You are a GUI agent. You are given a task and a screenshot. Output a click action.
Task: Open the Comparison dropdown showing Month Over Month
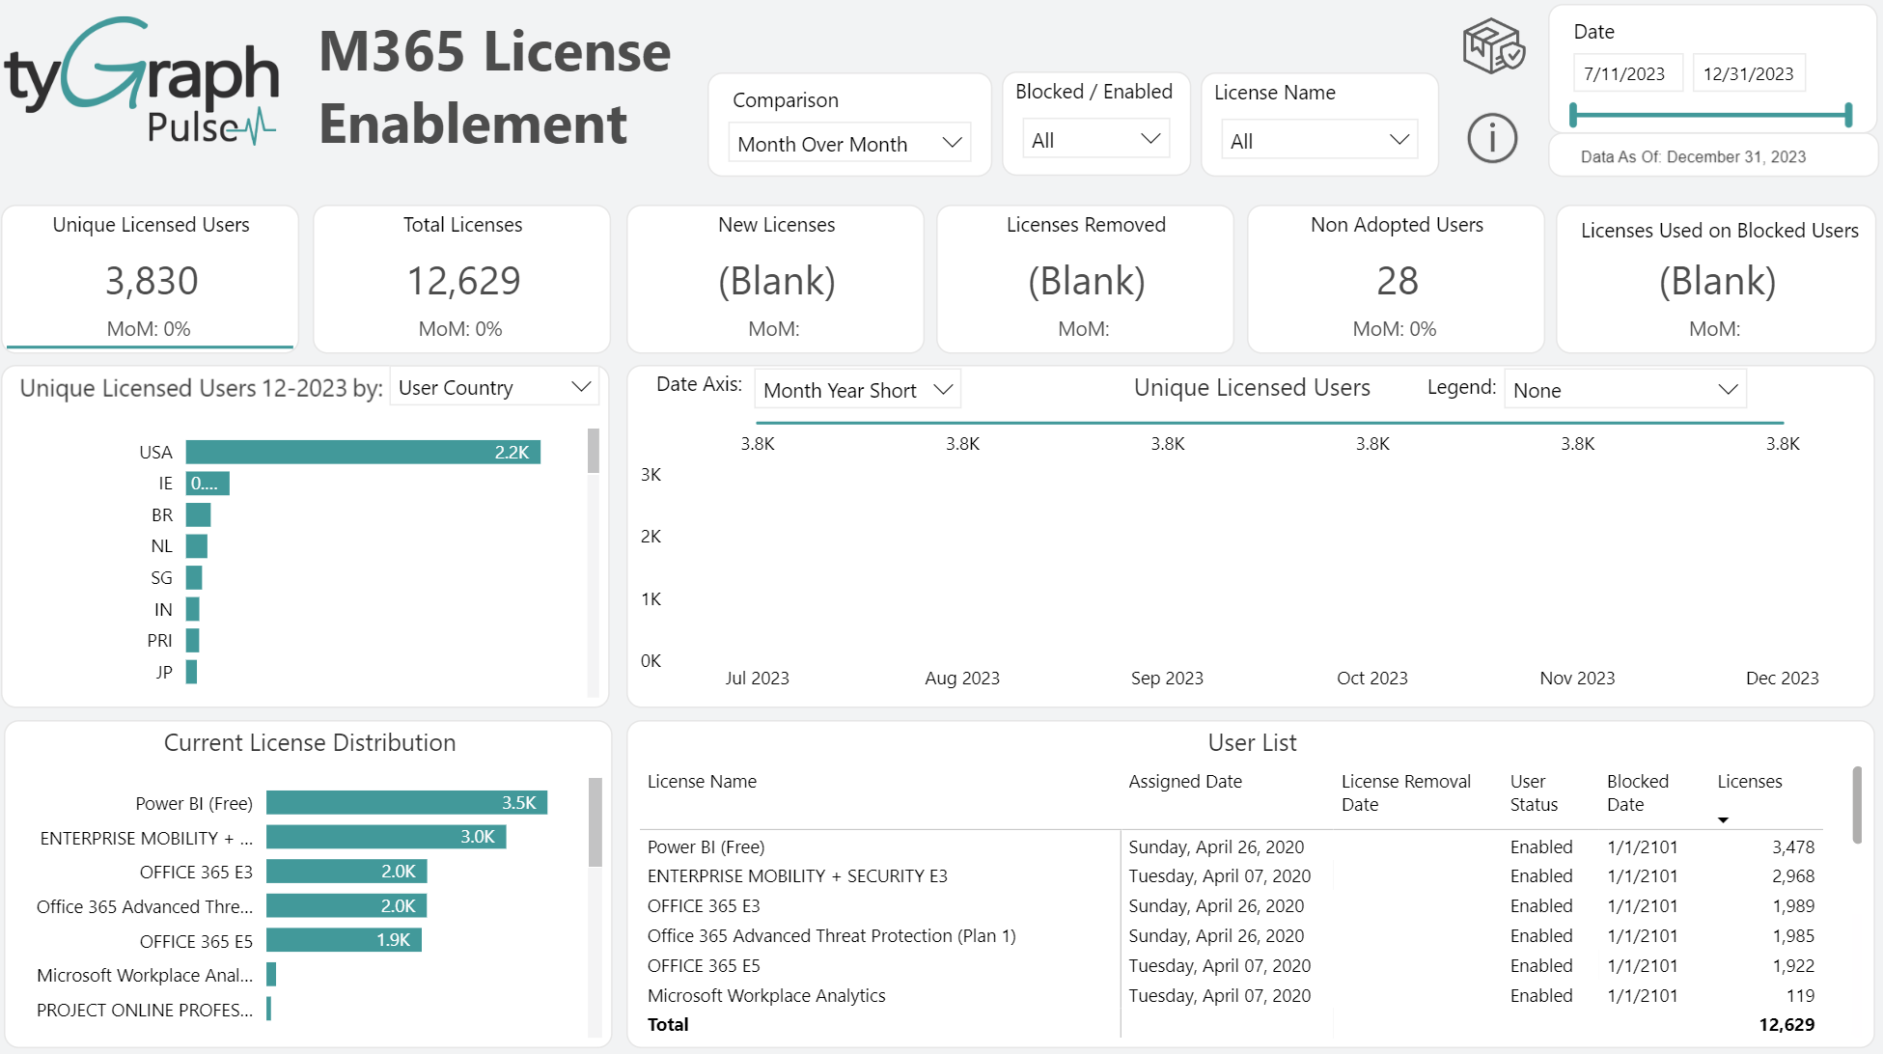point(848,143)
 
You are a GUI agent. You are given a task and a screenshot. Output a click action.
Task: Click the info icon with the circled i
point(1491,138)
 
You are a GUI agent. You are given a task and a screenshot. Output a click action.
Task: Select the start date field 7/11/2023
point(1624,73)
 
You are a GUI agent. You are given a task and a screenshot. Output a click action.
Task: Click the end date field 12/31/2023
point(1747,73)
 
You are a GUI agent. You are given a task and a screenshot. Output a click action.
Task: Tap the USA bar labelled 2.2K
point(362,452)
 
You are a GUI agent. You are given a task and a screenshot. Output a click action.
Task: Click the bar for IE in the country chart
point(207,483)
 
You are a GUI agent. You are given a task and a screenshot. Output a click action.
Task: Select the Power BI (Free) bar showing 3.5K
point(405,802)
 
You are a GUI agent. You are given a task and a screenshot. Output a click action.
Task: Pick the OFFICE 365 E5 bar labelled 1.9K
point(343,939)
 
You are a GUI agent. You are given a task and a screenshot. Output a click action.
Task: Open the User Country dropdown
point(493,387)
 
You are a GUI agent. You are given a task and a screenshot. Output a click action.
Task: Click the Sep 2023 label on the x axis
point(1166,678)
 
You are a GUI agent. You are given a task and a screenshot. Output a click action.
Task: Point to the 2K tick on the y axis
point(651,536)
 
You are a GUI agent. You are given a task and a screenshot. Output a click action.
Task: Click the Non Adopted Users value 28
point(1396,281)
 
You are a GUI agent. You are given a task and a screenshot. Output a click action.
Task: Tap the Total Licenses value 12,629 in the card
point(462,281)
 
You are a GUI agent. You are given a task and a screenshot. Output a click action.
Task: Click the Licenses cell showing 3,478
point(1792,846)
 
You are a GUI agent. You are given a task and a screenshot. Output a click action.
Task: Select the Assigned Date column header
point(1184,781)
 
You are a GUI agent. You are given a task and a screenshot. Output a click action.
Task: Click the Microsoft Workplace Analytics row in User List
point(765,995)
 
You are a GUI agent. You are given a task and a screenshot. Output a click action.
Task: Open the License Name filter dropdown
point(1317,141)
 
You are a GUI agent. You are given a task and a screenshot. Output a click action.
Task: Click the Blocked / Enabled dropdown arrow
point(1149,139)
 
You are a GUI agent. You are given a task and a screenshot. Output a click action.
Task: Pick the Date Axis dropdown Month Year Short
point(856,390)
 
